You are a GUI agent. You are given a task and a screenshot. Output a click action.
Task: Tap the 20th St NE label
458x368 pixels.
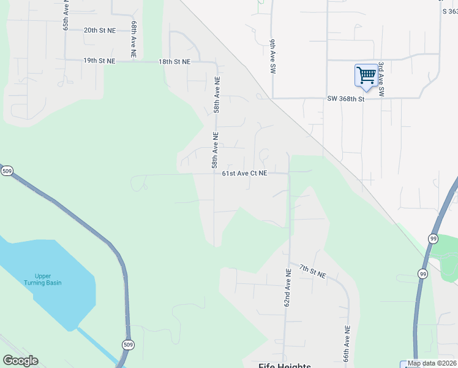99,30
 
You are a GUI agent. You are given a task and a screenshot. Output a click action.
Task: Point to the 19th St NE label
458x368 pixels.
99,61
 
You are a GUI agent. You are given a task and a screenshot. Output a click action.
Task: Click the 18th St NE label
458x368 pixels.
175,62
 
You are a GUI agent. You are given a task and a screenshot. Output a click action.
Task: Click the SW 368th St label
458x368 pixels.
345,99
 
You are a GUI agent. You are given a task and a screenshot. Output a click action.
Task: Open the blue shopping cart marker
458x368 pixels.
366,75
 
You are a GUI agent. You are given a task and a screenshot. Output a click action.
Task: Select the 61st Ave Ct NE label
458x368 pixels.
245,174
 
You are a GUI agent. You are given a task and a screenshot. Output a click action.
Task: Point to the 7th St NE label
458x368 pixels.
312,271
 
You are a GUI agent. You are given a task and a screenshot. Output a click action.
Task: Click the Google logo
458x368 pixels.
20,361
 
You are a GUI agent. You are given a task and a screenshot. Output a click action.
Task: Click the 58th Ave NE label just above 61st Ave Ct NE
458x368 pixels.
215,150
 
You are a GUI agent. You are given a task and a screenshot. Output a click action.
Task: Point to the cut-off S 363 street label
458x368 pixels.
449,11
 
